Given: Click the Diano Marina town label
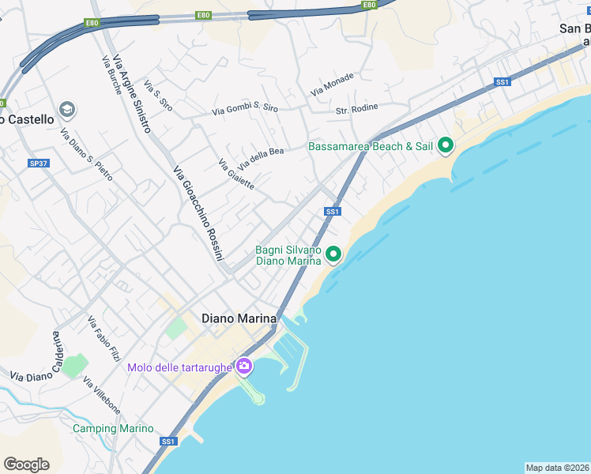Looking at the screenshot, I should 239,318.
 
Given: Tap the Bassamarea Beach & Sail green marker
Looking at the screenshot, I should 446,145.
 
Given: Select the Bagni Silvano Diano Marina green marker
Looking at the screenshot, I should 333,254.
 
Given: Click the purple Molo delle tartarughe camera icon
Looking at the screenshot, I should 244,366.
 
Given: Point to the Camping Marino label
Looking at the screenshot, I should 113,428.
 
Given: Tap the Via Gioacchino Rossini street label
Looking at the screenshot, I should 198,214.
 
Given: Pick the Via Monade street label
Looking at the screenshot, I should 333,85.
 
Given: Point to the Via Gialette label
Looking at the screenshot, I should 235,174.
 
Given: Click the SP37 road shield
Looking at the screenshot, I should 38,163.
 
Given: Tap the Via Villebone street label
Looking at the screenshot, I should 101,397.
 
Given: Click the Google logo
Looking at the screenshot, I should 26,464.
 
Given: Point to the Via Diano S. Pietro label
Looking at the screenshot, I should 86,154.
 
